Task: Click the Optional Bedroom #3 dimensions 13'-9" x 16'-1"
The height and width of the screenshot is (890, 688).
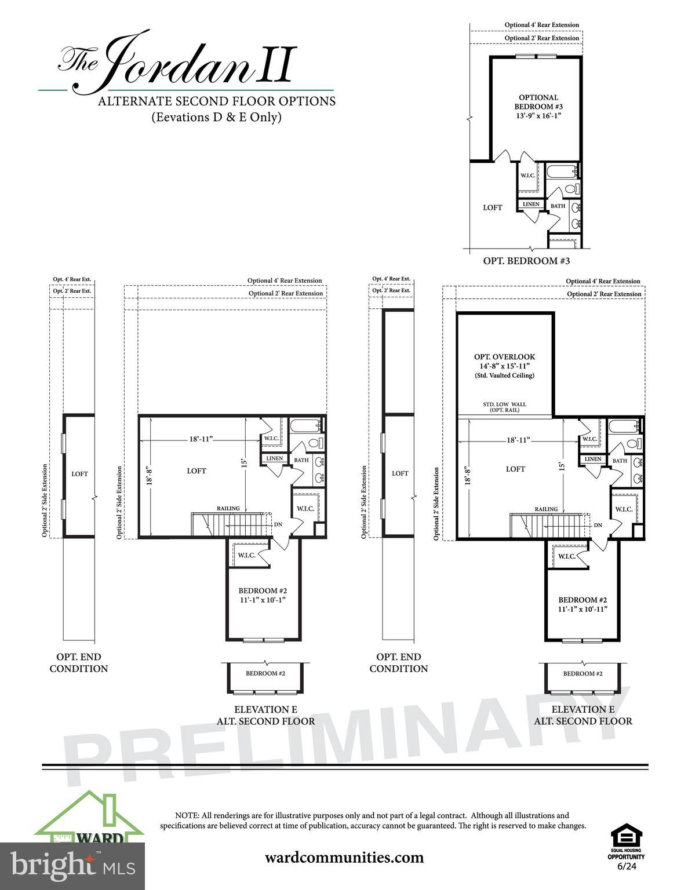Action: pos(538,115)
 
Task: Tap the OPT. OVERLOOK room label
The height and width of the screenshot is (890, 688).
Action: pos(504,357)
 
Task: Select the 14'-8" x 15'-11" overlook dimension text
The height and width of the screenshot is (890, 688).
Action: pos(504,366)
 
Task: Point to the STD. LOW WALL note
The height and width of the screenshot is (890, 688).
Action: pos(504,404)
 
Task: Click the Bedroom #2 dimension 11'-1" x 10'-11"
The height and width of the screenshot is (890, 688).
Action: pos(583,610)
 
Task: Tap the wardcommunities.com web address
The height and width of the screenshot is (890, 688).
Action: pos(344,857)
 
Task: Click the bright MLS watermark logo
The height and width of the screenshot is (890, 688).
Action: pos(72,866)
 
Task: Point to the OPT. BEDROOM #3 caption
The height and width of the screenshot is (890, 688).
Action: pos(526,261)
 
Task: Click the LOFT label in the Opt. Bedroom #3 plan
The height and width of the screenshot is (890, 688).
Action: pos(493,207)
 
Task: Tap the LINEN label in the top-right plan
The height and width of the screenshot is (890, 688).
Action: pos(531,204)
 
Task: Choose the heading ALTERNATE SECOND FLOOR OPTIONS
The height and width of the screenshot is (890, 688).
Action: pos(216,101)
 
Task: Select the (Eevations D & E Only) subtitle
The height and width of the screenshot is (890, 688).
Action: pos(216,117)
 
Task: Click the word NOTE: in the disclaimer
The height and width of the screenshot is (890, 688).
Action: pos(187,815)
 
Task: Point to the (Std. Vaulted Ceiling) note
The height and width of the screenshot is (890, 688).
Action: pos(504,375)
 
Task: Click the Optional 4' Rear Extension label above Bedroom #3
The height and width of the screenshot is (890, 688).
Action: pos(541,25)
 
